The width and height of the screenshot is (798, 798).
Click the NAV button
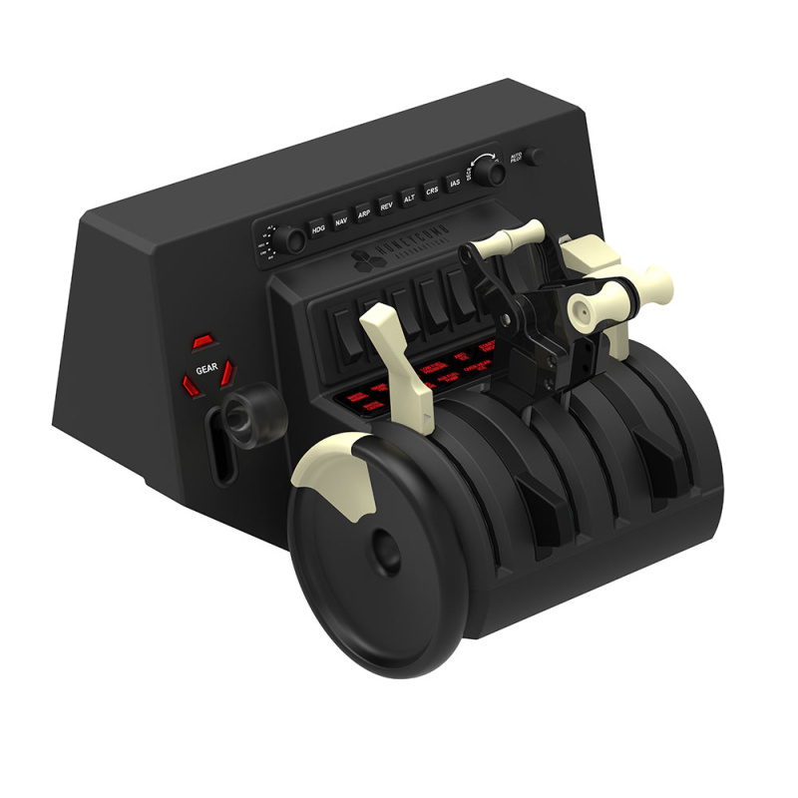coord(341,222)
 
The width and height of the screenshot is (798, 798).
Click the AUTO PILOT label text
coord(517,158)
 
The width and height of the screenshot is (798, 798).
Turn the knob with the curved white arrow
coord(491,172)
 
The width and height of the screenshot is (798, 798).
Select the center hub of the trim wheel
coord(381,547)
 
